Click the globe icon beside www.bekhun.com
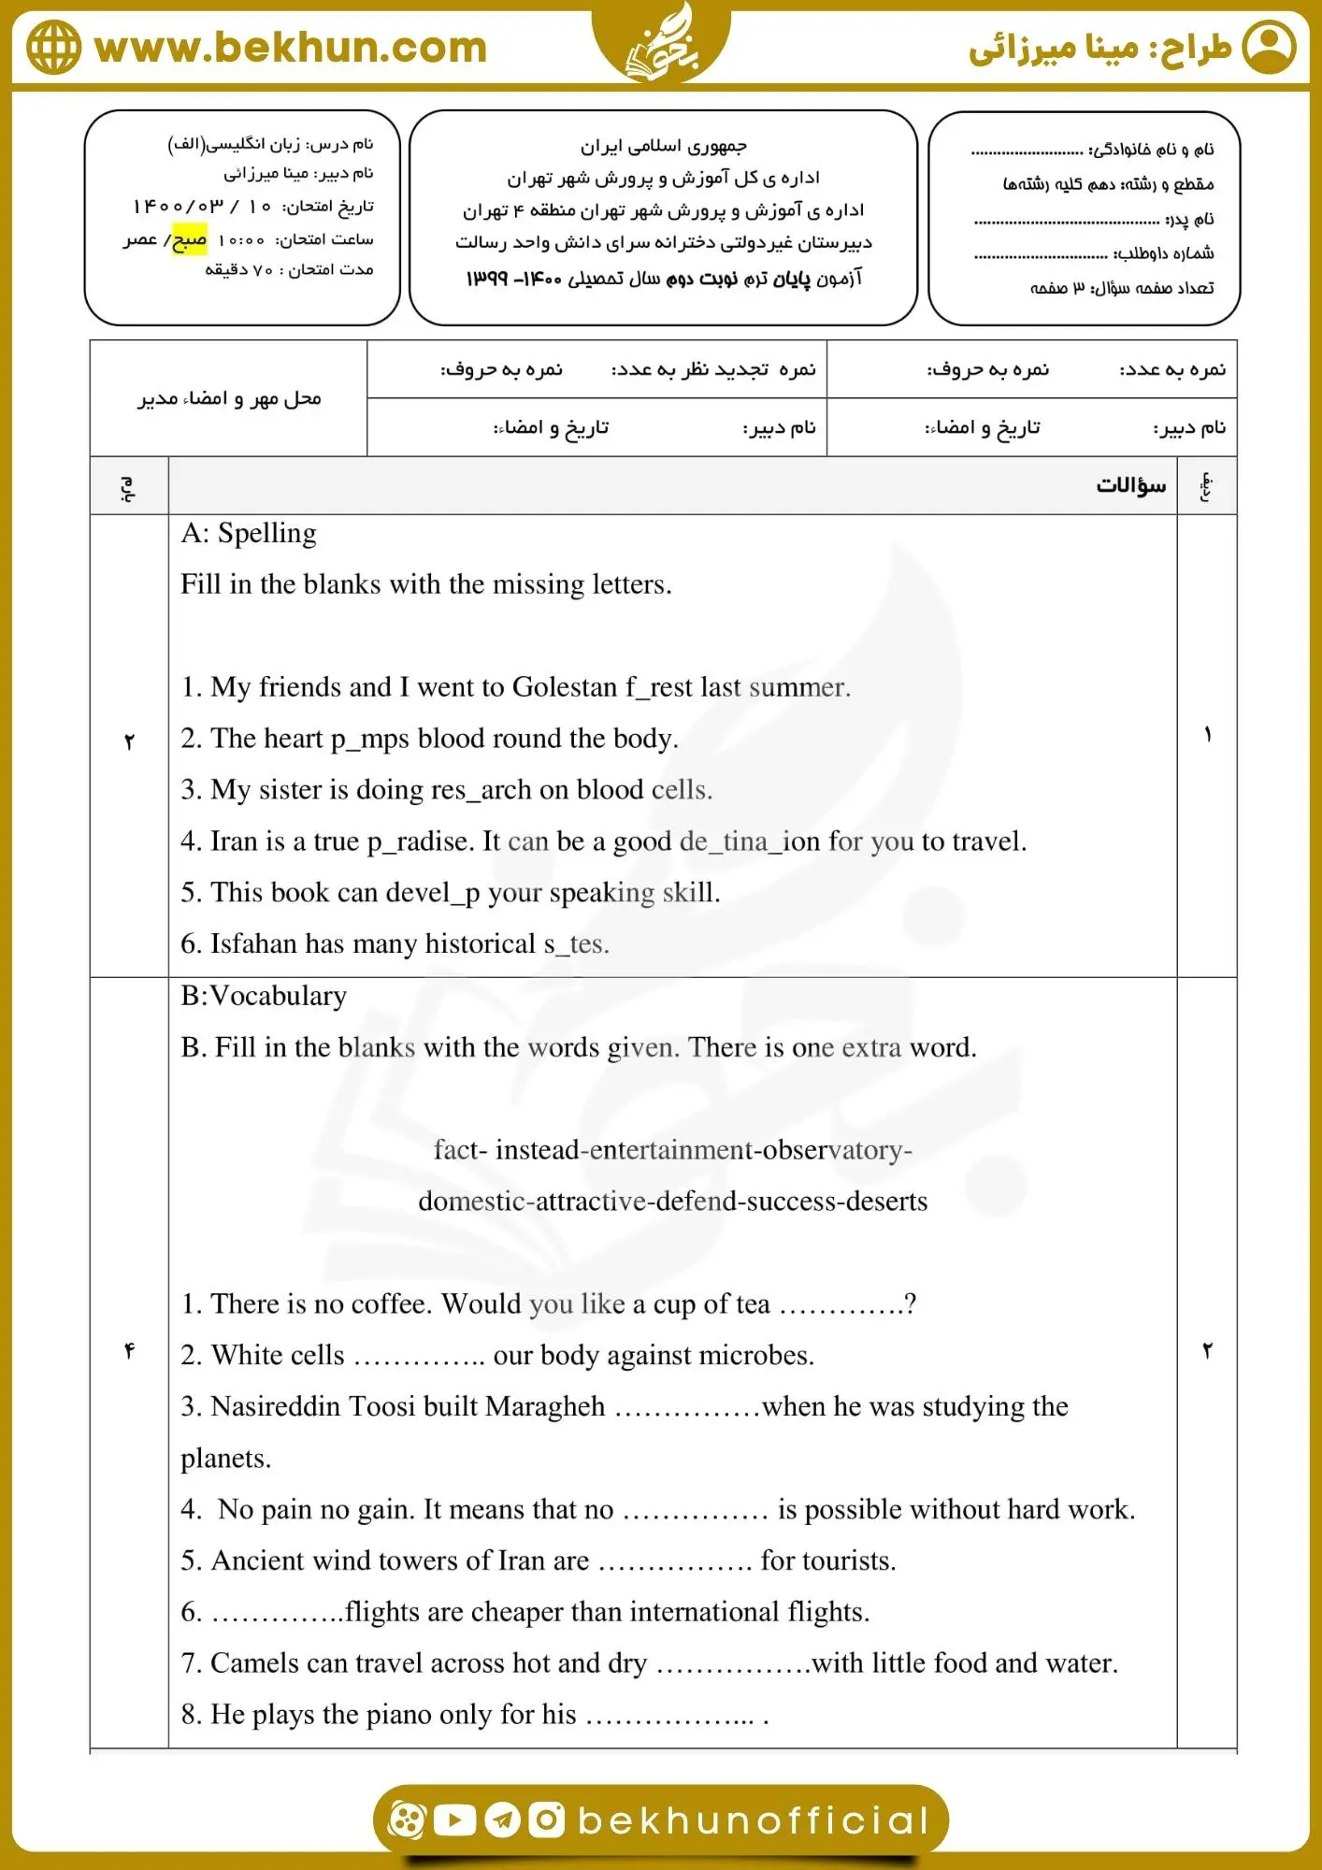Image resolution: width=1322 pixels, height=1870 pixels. (x=53, y=48)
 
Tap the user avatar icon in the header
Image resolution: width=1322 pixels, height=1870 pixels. (x=1269, y=48)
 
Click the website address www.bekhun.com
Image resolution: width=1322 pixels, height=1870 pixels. (x=291, y=48)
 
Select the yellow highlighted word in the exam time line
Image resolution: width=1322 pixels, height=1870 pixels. (x=190, y=240)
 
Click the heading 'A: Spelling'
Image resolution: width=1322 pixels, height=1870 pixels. (x=249, y=533)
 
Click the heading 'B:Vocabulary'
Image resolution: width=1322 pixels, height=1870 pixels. (x=264, y=996)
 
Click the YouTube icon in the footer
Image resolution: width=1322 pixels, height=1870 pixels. (x=455, y=1820)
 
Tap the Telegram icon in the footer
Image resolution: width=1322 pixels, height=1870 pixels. (x=502, y=1820)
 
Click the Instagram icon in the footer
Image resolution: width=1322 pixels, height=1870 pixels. (x=547, y=1820)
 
